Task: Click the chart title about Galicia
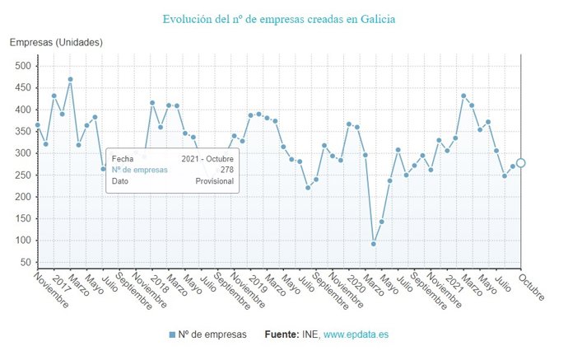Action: (278, 18)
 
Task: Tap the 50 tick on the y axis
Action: (25, 263)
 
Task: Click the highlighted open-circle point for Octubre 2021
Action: (520, 163)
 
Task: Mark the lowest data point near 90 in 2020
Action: (374, 244)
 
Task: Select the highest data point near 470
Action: (70, 79)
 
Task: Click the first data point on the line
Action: (38, 125)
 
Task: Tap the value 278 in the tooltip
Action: (226, 170)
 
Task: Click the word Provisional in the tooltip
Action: (214, 181)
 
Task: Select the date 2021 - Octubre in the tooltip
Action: (207, 158)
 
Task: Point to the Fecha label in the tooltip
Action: (123, 158)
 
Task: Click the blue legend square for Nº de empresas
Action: (172, 334)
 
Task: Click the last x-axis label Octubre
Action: (532, 288)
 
